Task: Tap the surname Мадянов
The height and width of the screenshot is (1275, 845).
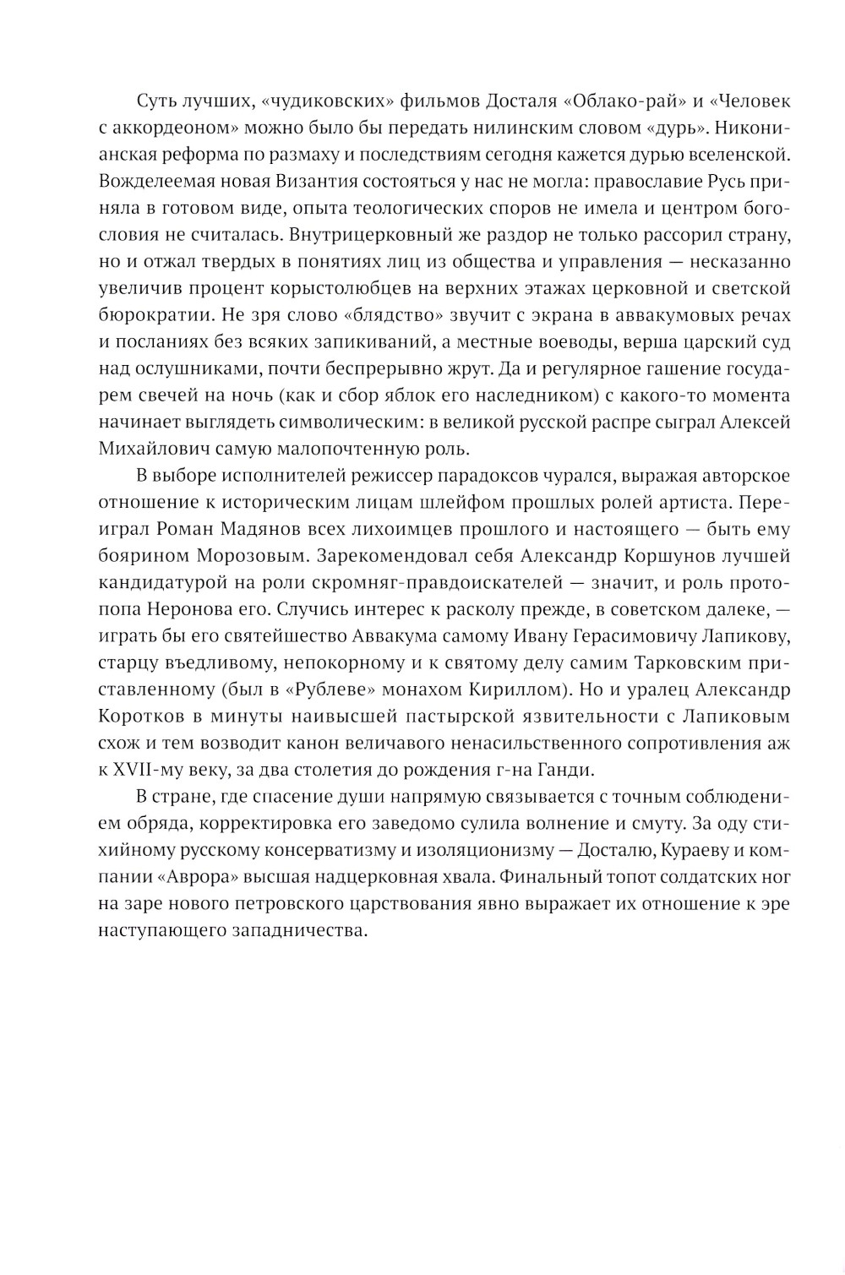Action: pos(292,530)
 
